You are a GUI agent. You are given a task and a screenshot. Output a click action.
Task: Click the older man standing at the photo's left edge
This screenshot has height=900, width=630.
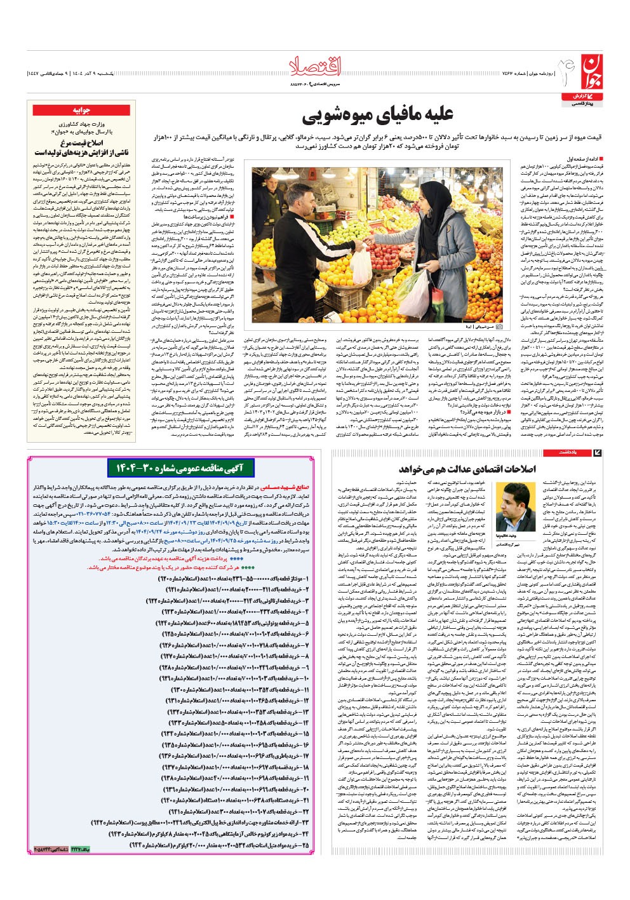click(267, 210)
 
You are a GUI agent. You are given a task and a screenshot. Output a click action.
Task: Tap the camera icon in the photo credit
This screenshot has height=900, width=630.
click(499, 326)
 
